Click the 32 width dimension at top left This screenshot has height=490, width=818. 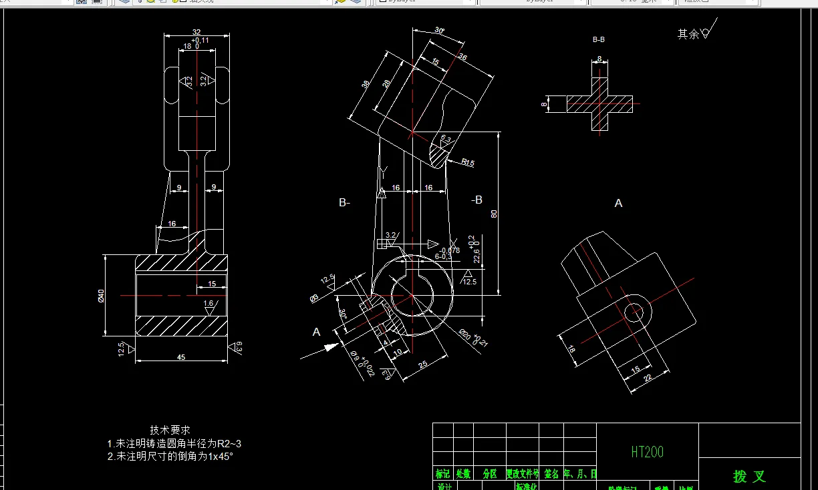tap(196, 31)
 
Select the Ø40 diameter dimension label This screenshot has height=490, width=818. tap(102, 296)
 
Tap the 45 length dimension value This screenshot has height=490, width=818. tap(181, 357)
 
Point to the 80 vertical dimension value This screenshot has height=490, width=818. tap(495, 214)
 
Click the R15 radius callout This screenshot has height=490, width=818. tap(467, 162)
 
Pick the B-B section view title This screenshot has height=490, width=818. tap(599, 40)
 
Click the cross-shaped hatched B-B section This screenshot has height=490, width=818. tap(600, 103)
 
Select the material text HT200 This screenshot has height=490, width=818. tap(647, 452)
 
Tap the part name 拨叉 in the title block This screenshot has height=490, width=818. tap(749, 476)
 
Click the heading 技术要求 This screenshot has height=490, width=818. tap(170, 431)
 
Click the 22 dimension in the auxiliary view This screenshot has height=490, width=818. tap(648, 378)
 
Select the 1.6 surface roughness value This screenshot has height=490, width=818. tap(209, 304)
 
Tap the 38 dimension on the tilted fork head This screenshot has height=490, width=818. tap(366, 85)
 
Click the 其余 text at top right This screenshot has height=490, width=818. tap(688, 33)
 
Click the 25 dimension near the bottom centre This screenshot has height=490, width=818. tap(423, 364)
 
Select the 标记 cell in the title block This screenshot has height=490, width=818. tap(442, 474)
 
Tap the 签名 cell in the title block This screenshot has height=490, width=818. tap(551, 474)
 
